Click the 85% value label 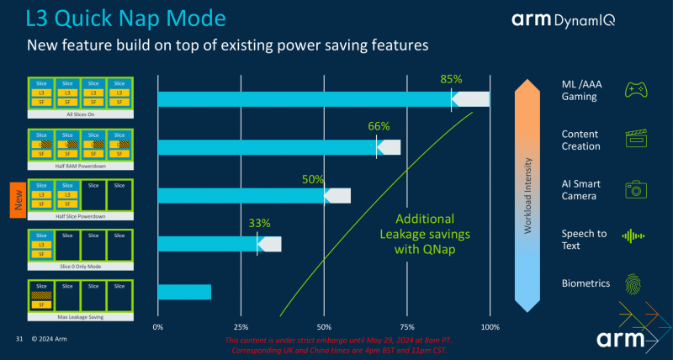pyautogui.click(x=451, y=80)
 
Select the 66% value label pyautogui.click(x=379, y=126)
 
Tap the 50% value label pyautogui.click(x=313, y=178)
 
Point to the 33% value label pyautogui.click(x=259, y=224)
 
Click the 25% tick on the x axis pyautogui.click(x=240, y=326)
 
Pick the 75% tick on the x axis pyautogui.click(x=406, y=326)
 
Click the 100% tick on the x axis pyautogui.click(x=489, y=326)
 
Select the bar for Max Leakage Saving pyautogui.click(x=184, y=292)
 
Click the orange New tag pyautogui.click(x=15, y=201)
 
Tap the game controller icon pyautogui.click(x=635, y=91)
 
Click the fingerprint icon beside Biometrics pyautogui.click(x=635, y=283)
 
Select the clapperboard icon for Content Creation pyautogui.click(x=635, y=139)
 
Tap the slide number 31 pyautogui.click(x=19, y=339)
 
